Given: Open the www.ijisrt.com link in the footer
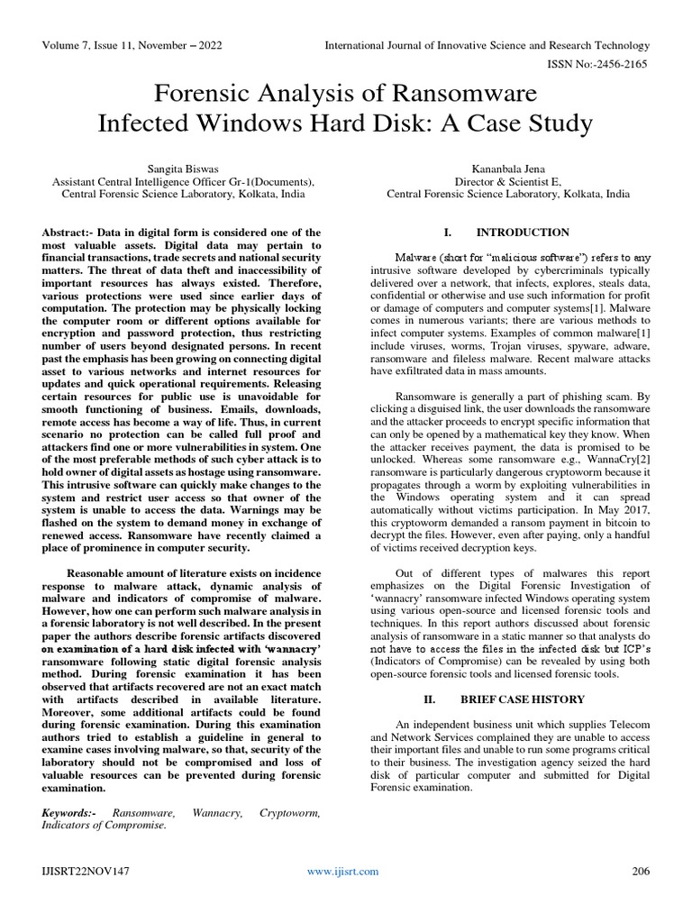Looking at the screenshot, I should (x=342, y=871).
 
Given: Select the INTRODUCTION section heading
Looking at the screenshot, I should (x=523, y=232).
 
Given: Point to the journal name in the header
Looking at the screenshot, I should (x=487, y=45).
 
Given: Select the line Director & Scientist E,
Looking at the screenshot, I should (x=508, y=181).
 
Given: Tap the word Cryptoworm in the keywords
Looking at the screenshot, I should (x=289, y=813).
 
